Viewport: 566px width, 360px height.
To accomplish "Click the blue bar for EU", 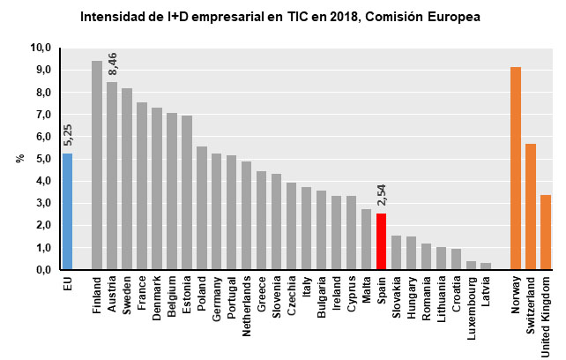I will click(67, 212).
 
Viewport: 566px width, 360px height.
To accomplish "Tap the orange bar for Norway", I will click(516, 168).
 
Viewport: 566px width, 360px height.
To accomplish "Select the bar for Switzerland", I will click(531, 206).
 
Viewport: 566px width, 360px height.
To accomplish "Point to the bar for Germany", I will click(217, 211).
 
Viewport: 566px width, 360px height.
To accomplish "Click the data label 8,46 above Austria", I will click(112, 64).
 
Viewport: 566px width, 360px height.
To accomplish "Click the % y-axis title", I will click(19, 159).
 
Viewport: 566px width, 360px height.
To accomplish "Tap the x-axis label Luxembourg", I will click(471, 305).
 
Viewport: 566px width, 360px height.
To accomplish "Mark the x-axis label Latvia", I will click(486, 290).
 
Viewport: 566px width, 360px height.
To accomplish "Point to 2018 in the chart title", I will click(322, 17).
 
